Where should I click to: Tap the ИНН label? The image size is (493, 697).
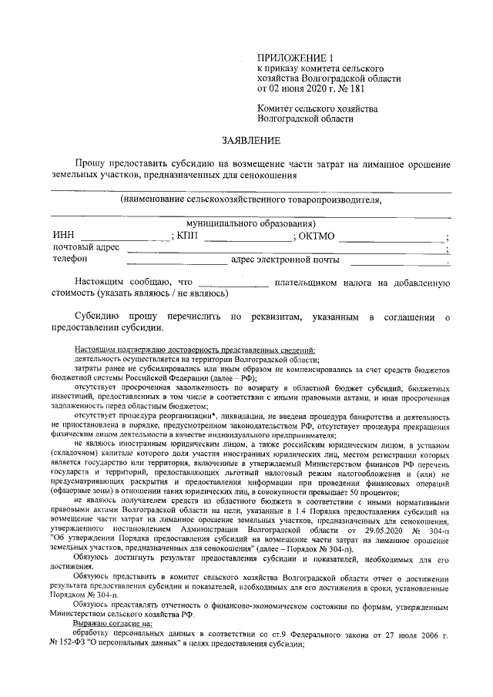click(x=64, y=236)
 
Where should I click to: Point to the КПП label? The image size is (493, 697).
click(x=187, y=236)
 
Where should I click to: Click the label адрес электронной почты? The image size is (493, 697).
click(x=284, y=260)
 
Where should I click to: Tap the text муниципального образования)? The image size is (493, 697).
click(x=240, y=223)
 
